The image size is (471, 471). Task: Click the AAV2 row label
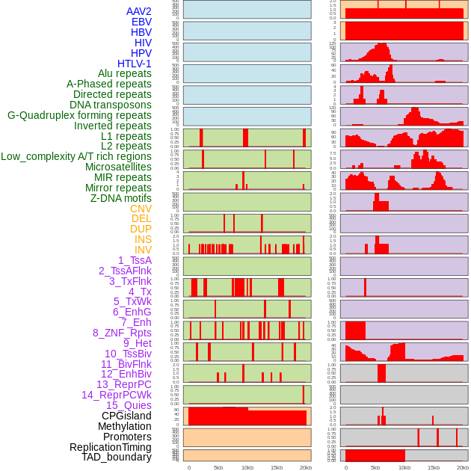coord(139,11)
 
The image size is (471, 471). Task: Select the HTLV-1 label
coord(135,64)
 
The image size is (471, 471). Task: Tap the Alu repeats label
coord(125,73)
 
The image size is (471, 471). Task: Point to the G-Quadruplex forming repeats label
coord(79,115)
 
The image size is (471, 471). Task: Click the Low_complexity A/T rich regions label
coord(76,156)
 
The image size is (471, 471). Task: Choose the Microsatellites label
coord(118,167)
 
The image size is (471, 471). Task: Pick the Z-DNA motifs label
coord(121,198)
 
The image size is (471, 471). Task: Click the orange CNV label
coord(141,209)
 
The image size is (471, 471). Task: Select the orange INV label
coord(143,250)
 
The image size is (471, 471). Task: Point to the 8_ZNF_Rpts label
coord(122,333)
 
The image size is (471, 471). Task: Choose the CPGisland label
coord(126,416)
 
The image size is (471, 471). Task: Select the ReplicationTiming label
coord(110,447)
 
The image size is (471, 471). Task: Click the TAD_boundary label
coord(117,457)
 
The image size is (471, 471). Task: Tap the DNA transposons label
coord(111,105)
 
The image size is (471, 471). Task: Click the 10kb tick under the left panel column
coord(247,467)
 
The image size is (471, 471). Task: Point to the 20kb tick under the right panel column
coord(463,467)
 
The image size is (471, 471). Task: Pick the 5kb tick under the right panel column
coord(375,467)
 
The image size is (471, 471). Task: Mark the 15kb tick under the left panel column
coord(276,467)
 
